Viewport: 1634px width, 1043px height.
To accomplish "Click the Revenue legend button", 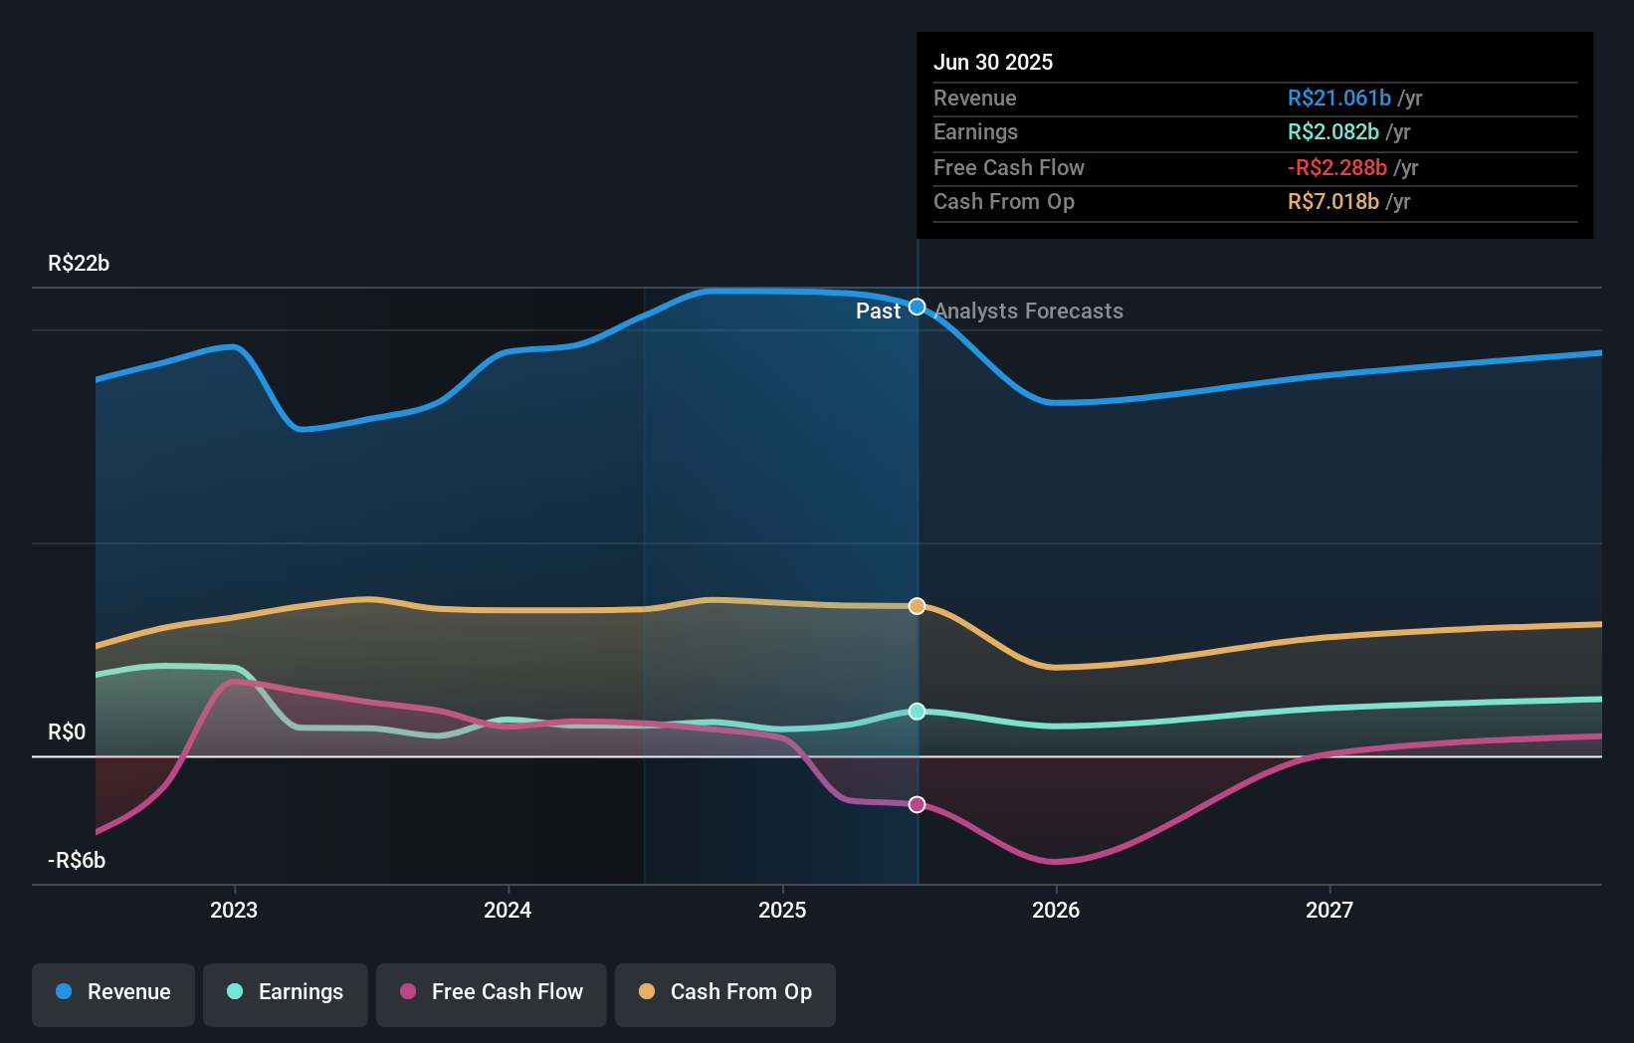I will coord(113,992).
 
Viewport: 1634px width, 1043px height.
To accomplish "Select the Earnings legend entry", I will coord(286,992).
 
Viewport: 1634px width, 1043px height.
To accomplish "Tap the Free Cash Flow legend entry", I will coord(492,992).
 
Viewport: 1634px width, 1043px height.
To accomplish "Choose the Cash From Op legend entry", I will coord(725,992).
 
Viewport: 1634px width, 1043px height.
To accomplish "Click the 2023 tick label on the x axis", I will coord(234,910).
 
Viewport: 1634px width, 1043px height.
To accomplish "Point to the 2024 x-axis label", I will coord(508,910).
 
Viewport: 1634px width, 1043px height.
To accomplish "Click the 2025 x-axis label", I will coord(782,910).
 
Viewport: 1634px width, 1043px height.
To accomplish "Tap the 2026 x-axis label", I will coord(1056,910).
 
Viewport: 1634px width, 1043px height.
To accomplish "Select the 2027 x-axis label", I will coord(1329,910).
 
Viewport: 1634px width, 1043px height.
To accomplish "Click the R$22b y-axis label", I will coord(79,264).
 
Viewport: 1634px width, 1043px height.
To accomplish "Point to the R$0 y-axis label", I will coord(67,732).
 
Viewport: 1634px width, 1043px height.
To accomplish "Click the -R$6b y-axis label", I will coord(77,861).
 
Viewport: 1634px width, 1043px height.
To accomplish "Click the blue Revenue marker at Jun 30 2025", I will coord(918,307).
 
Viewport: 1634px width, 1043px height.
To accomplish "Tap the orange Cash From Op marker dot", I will coord(918,606).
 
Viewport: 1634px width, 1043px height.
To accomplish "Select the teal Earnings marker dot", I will coord(918,712).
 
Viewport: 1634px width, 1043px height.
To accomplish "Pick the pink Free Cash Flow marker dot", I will coord(918,804).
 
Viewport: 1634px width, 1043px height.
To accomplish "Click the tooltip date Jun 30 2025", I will coord(993,62).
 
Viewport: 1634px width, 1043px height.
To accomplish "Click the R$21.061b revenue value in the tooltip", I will coord(1338,98).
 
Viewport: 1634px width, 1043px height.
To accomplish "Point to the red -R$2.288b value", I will coord(1336,167).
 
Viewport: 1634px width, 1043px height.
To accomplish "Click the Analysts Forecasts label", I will coord(1028,312).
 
